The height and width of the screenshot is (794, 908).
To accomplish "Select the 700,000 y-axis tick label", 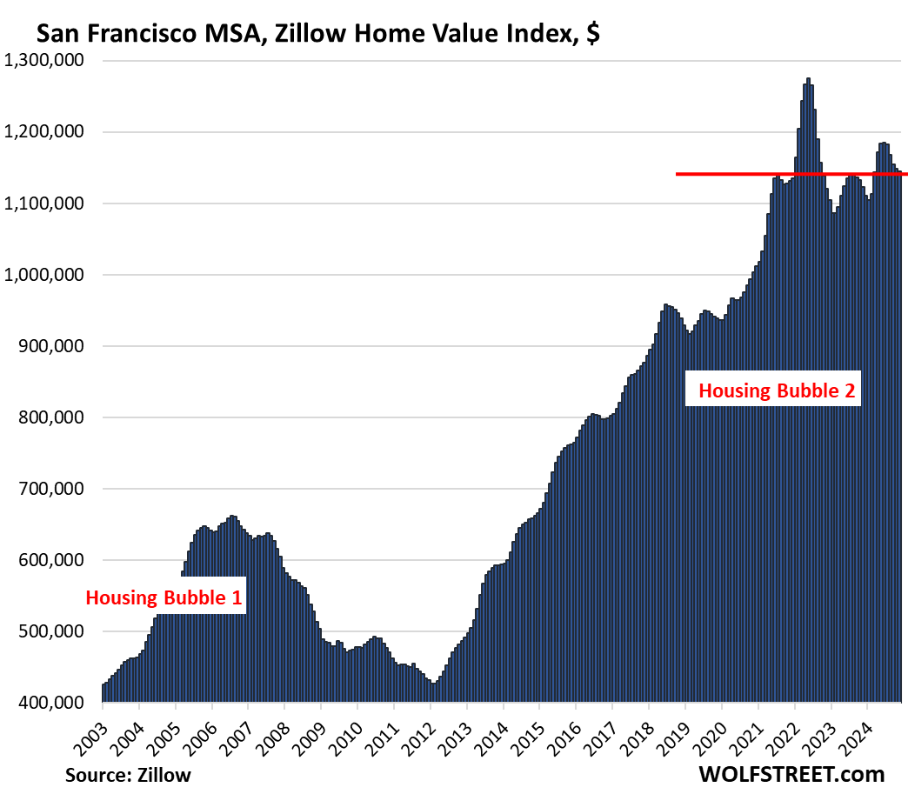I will (x=52, y=489).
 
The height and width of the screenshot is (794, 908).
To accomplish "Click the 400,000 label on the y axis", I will (x=52, y=703).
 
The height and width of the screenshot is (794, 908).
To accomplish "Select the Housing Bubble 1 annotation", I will (x=164, y=597).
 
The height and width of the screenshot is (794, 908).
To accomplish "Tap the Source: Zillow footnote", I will (x=127, y=774).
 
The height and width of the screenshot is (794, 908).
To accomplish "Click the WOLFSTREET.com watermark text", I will (x=791, y=773).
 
